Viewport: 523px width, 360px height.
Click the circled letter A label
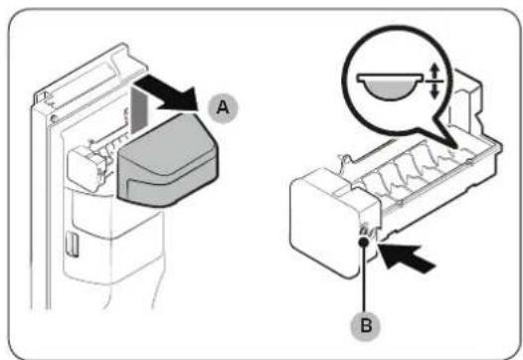pos(223,107)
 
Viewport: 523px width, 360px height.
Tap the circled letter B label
pos(366,325)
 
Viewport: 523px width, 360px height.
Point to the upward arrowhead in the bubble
pos(434,71)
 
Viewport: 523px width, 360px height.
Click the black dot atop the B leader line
pos(364,242)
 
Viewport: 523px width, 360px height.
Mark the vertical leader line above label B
pos(365,276)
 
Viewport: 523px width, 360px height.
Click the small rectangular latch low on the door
pos(72,245)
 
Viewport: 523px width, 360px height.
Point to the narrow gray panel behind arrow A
pos(139,108)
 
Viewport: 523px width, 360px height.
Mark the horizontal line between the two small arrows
pos(434,82)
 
